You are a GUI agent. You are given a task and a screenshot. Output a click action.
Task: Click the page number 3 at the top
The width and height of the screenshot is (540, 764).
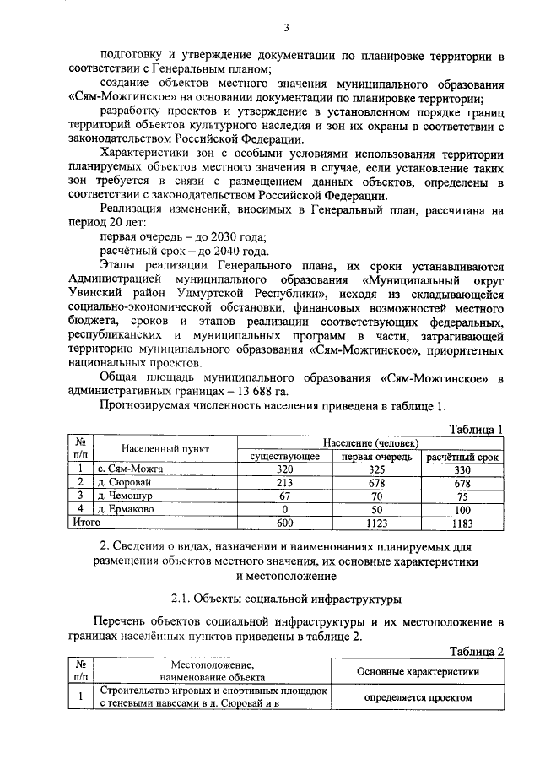point(286,28)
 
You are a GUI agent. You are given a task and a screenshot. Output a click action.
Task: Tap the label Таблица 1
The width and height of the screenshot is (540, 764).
point(475,429)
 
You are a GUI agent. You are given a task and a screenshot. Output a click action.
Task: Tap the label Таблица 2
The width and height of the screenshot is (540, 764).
point(475,651)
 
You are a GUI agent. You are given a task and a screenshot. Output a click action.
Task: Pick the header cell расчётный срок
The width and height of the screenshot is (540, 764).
point(462,456)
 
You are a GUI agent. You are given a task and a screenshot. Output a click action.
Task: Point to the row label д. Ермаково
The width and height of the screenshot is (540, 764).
point(126,510)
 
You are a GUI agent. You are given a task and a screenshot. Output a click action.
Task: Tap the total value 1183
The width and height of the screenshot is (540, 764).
point(462,523)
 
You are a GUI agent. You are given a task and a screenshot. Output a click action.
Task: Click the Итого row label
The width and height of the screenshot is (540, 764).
point(84,523)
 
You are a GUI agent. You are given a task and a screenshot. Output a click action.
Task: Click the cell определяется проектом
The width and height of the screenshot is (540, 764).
point(418,699)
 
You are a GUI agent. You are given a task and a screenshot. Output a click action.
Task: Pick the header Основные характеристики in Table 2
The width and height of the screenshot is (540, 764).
point(418,672)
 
